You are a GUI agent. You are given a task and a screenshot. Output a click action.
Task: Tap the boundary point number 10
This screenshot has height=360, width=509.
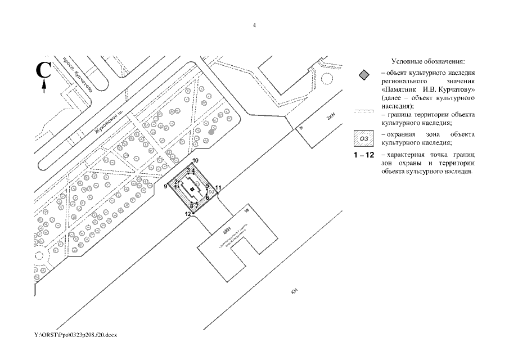pyautogui.click(x=195, y=161)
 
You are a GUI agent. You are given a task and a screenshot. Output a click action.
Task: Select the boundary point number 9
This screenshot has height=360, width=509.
pyautogui.click(x=166, y=186)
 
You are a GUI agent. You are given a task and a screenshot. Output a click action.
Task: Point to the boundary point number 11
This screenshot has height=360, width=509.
pyautogui.click(x=218, y=187)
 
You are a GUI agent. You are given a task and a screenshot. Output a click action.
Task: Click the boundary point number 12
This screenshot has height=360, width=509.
pyautogui.click(x=188, y=214)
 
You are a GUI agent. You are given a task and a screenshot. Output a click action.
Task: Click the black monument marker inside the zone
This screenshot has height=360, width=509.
pyautogui.click(x=192, y=190)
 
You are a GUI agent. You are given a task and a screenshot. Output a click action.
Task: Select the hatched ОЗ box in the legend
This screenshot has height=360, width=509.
pyautogui.click(x=364, y=137)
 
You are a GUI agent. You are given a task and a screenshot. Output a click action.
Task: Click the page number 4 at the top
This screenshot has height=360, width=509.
pyautogui.click(x=254, y=25)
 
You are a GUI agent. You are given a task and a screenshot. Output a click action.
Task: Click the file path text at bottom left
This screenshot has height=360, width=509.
pyautogui.click(x=75, y=335)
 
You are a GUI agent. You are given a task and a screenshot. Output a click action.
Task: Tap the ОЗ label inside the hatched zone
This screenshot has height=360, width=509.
pyautogui.click(x=211, y=192)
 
